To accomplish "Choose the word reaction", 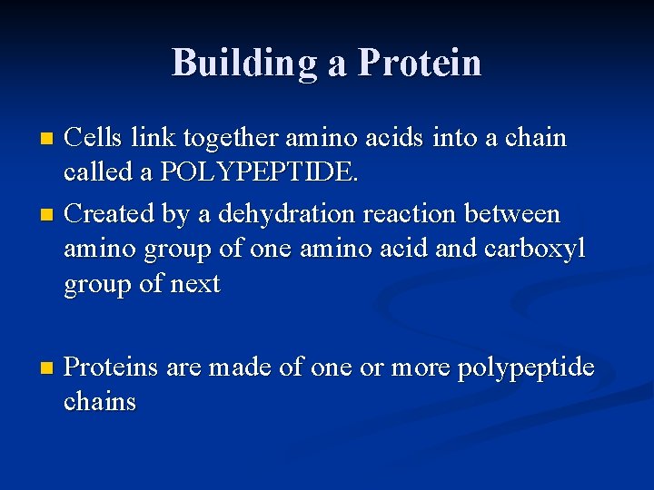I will click(410, 214).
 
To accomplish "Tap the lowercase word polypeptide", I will click(526, 367).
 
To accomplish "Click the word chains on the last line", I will click(100, 402).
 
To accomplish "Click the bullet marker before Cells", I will click(48, 140).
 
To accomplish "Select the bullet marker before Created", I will click(48, 215).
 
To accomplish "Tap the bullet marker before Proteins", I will click(48, 368).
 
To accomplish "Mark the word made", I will click(239, 367).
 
